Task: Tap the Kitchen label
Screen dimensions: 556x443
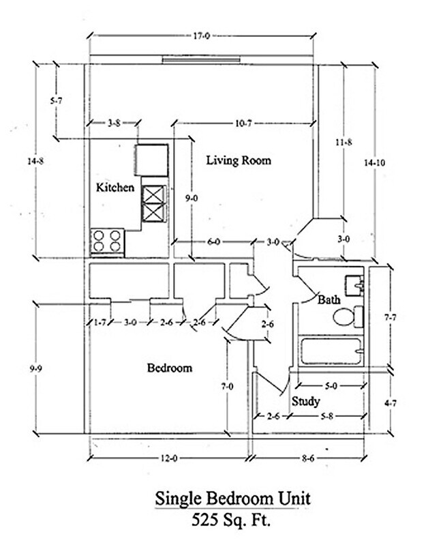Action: pyautogui.click(x=114, y=188)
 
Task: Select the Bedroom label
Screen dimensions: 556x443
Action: pyautogui.click(x=170, y=368)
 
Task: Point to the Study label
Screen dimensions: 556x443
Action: pyautogui.click(x=305, y=401)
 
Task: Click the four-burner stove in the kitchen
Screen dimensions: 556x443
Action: pyautogui.click(x=107, y=242)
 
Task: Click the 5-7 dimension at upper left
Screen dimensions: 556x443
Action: pyautogui.click(x=58, y=100)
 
